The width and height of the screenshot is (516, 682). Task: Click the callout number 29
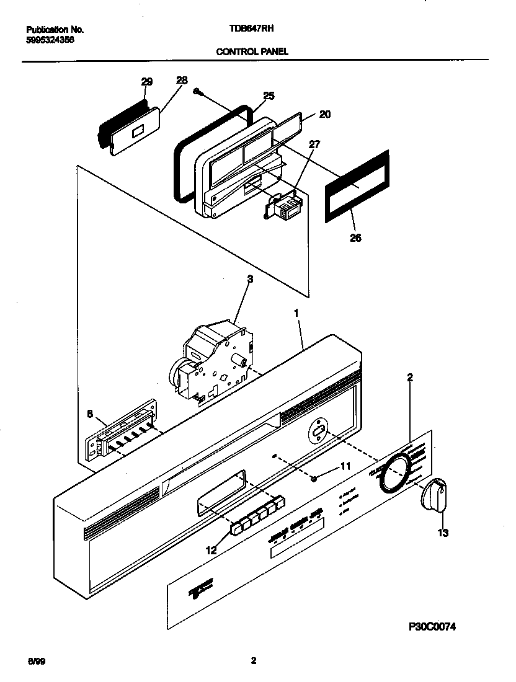pyautogui.click(x=146, y=81)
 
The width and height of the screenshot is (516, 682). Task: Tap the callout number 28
pyautogui.click(x=181, y=80)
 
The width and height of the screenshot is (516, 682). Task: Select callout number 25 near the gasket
pyautogui.click(x=268, y=95)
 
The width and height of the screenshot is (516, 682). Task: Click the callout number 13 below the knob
pyautogui.click(x=443, y=532)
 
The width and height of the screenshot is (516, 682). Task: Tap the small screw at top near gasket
pyautogui.click(x=197, y=91)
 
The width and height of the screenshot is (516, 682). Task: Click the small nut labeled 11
pyautogui.click(x=315, y=477)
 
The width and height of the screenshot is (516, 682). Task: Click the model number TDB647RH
pyautogui.click(x=252, y=29)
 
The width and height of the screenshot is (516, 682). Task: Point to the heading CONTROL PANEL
pyautogui.click(x=252, y=52)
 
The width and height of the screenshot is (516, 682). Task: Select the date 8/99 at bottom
pyautogui.click(x=37, y=662)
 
